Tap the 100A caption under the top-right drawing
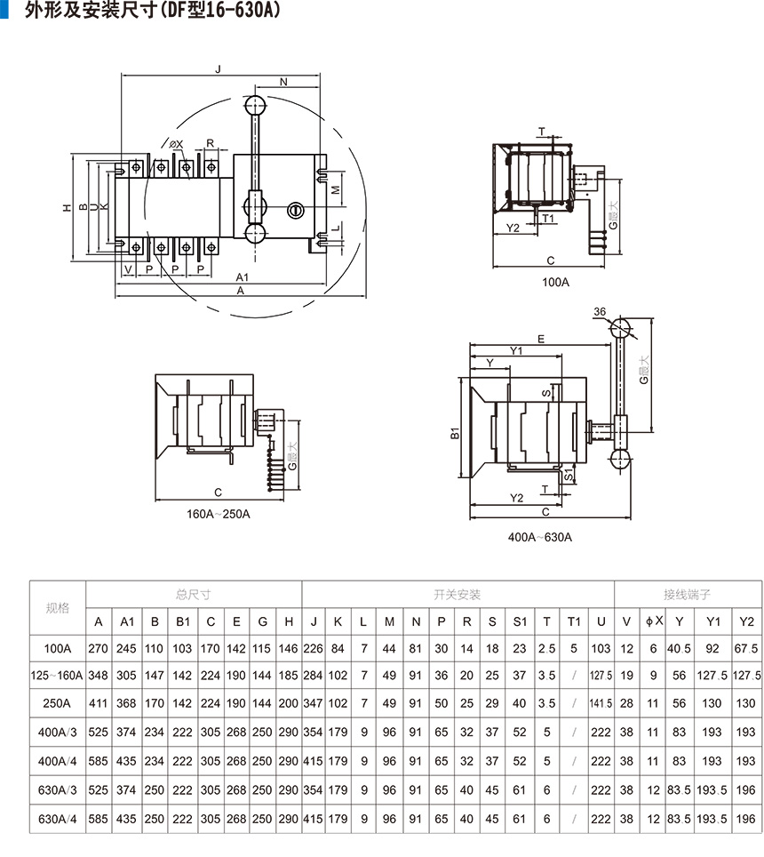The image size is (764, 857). click(x=555, y=282)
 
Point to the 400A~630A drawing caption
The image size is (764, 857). click(x=539, y=537)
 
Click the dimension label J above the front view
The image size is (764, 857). click(x=217, y=68)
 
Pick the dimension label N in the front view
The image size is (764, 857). click(x=283, y=82)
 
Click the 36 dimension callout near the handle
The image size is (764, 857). click(x=600, y=311)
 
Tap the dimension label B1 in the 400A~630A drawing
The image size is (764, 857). click(x=454, y=433)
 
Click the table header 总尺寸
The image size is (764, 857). click(x=194, y=594)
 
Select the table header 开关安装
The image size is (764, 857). click(x=458, y=594)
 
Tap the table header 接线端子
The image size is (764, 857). click(x=688, y=594)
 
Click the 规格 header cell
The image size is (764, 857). click(x=58, y=608)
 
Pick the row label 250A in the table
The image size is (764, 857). click(x=58, y=703)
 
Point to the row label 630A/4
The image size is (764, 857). click(x=58, y=819)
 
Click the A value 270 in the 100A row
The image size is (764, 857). click(x=99, y=649)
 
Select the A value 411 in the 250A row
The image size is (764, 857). click(x=99, y=703)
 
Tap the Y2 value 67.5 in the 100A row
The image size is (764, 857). click(x=746, y=649)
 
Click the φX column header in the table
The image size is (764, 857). click(x=654, y=621)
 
